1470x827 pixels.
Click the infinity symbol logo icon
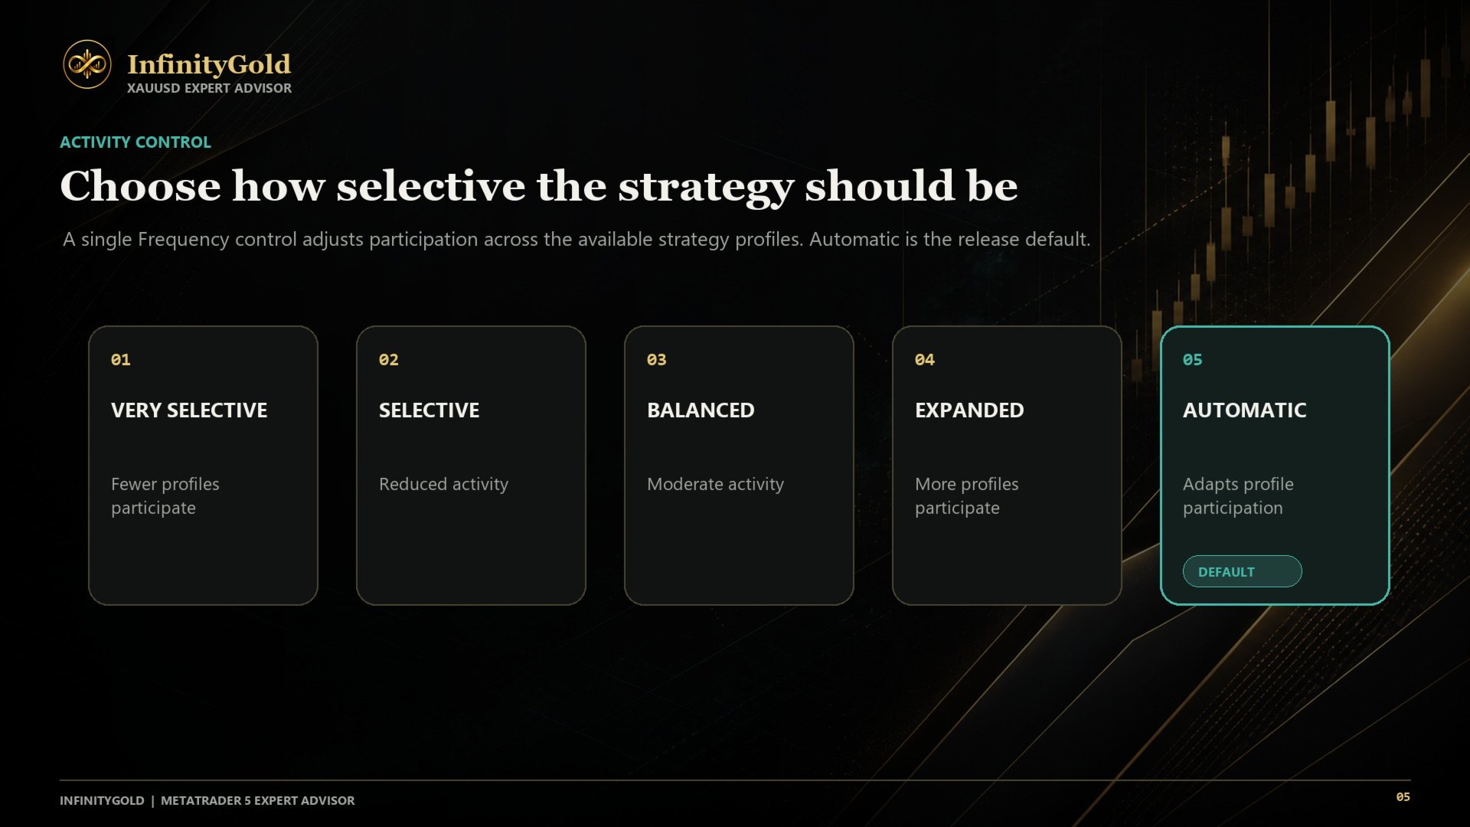pyautogui.click(x=87, y=64)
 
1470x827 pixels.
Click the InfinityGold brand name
pyautogui.click(x=209, y=64)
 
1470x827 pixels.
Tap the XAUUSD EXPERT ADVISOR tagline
pyautogui.click(x=209, y=88)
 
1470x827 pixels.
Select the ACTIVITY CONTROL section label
pyautogui.click(x=136, y=142)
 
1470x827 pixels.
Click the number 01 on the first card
pyautogui.click(x=121, y=360)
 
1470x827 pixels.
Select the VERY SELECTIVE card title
pyautogui.click(x=189, y=410)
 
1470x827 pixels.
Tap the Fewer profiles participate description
pyautogui.click(x=165, y=496)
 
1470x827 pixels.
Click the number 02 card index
pyautogui.click(x=389, y=360)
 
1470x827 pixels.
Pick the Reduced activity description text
pyautogui.click(x=443, y=484)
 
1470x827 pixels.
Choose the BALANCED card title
pyautogui.click(x=701, y=410)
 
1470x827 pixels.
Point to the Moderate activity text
pyautogui.click(x=715, y=484)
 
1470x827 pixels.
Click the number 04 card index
pyautogui.click(x=925, y=360)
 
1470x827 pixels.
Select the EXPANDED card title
pyautogui.click(x=969, y=410)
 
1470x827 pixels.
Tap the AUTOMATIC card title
pyautogui.click(x=1245, y=410)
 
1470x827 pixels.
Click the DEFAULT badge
pyautogui.click(x=1242, y=571)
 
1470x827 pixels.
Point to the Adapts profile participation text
pyautogui.click(x=1238, y=496)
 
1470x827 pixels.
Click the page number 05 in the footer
pyautogui.click(x=1403, y=797)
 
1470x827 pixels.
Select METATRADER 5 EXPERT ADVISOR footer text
pyautogui.click(x=258, y=800)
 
